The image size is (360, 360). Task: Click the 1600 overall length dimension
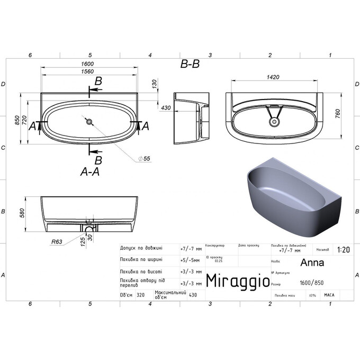(89, 64)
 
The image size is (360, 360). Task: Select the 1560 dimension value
(89, 71)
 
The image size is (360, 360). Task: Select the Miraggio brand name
(236, 280)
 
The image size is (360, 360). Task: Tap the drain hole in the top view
(89, 122)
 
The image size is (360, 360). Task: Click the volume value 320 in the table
(140, 295)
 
